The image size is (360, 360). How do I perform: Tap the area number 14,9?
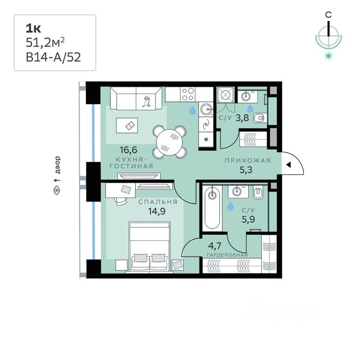click(157, 211)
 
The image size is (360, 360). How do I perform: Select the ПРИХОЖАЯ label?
click(248, 160)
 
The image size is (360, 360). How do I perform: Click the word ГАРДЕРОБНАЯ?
click(227, 255)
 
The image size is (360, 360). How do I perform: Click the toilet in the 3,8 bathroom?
click(259, 119)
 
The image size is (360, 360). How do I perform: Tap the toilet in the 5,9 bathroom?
click(258, 192)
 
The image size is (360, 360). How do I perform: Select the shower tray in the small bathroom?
click(225, 95)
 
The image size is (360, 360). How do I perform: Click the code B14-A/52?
click(53, 56)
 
